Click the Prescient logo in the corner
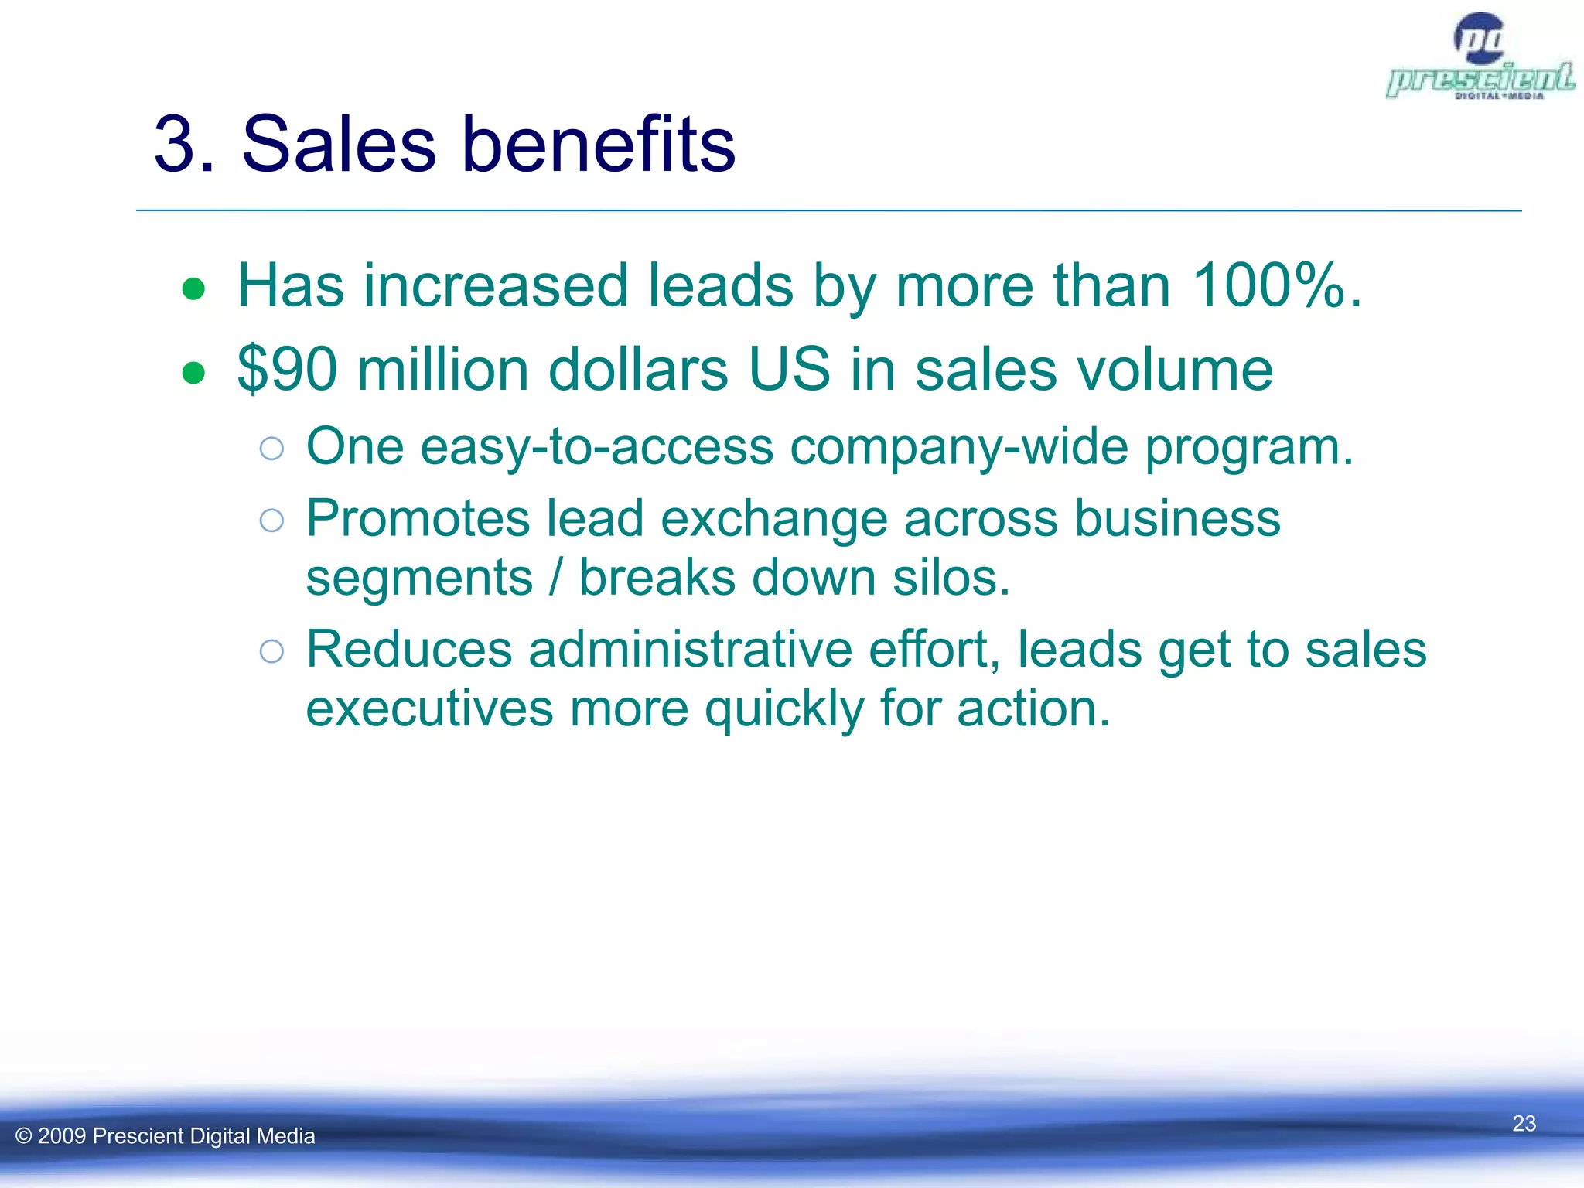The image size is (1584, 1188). click(x=1480, y=58)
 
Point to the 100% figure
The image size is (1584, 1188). click(x=1268, y=286)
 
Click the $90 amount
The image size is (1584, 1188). click(x=287, y=370)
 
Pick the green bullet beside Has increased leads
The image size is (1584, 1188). click(x=193, y=290)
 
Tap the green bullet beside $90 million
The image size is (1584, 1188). click(x=193, y=374)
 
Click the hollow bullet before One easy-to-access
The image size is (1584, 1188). click(x=271, y=449)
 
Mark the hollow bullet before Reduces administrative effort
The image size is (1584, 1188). click(x=271, y=651)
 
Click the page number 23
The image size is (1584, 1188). click(x=1524, y=1123)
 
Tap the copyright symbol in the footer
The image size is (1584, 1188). click(x=23, y=1136)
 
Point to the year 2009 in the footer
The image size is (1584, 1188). click(x=61, y=1136)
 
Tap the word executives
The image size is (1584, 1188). click(x=429, y=709)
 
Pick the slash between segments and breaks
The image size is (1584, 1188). click(x=555, y=579)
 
